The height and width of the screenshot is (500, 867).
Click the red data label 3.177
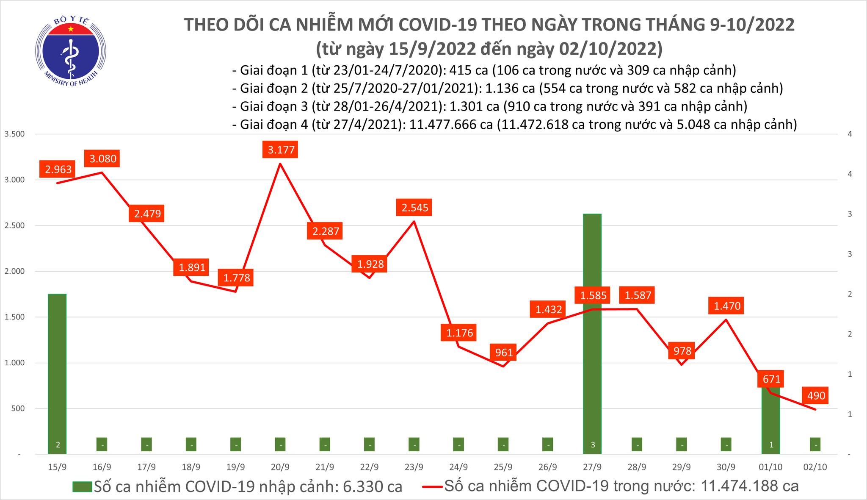coord(281,150)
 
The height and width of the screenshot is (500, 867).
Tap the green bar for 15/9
coord(57,373)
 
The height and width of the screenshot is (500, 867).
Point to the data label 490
coord(816,396)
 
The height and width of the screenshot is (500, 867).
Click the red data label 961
coord(504,352)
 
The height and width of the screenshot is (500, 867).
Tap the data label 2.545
coord(414,208)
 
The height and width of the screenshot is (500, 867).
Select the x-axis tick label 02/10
coord(815,467)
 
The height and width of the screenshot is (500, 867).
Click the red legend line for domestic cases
coord(433,486)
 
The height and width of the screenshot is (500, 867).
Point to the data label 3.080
coord(102,158)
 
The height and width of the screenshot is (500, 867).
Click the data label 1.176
coord(459,333)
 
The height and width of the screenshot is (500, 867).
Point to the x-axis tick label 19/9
coord(235,467)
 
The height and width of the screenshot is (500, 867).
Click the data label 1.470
coord(727,306)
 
